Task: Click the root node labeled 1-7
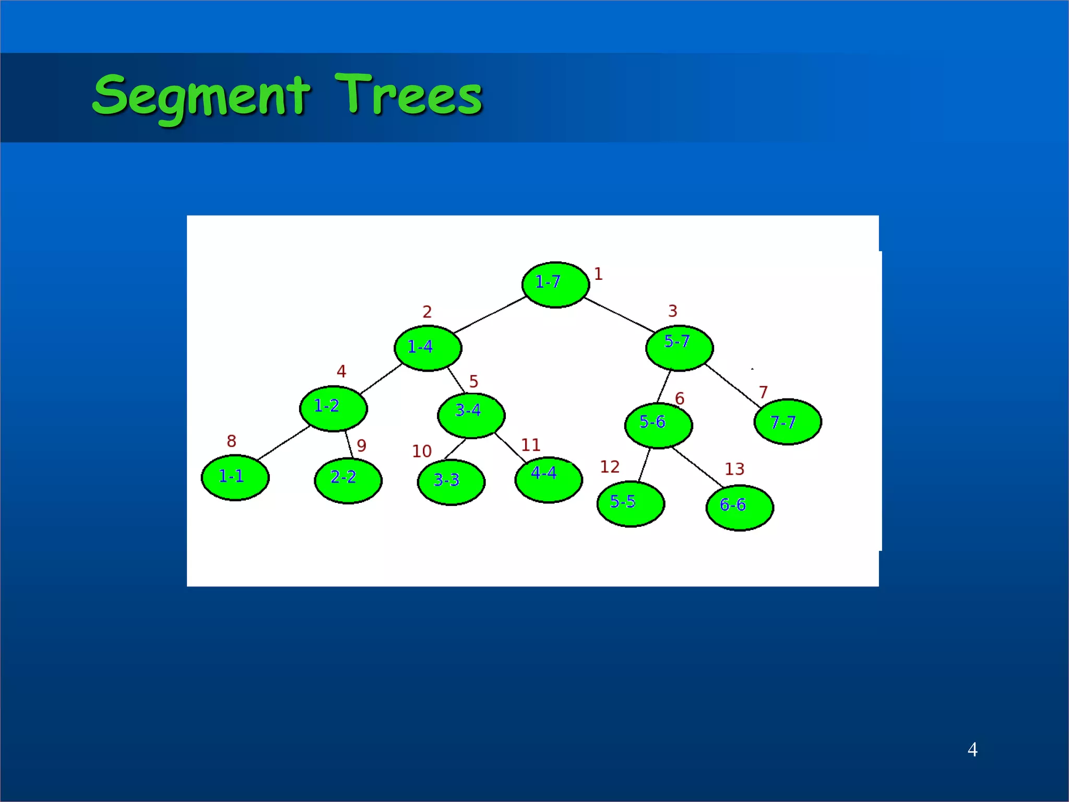(555, 285)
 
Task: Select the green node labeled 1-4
(427, 348)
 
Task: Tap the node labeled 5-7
(679, 348)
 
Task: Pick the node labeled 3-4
(471, 415)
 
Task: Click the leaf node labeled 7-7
(787, 422)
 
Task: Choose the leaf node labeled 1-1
(235, 478)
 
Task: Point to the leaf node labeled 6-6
(739, 508)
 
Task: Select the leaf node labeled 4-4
(548, 479)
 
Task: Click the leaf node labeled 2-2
(348, 480)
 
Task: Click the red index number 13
(734, 469)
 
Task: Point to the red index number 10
(422, 451)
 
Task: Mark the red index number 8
(231, 441)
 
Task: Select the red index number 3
(672, 311)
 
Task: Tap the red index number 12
(609, 467)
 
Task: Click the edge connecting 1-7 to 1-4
(490, 315)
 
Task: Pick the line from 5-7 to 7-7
(733, 386)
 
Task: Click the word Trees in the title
(408, 95)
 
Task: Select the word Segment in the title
(201, 97)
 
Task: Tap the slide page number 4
(972, 750)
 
